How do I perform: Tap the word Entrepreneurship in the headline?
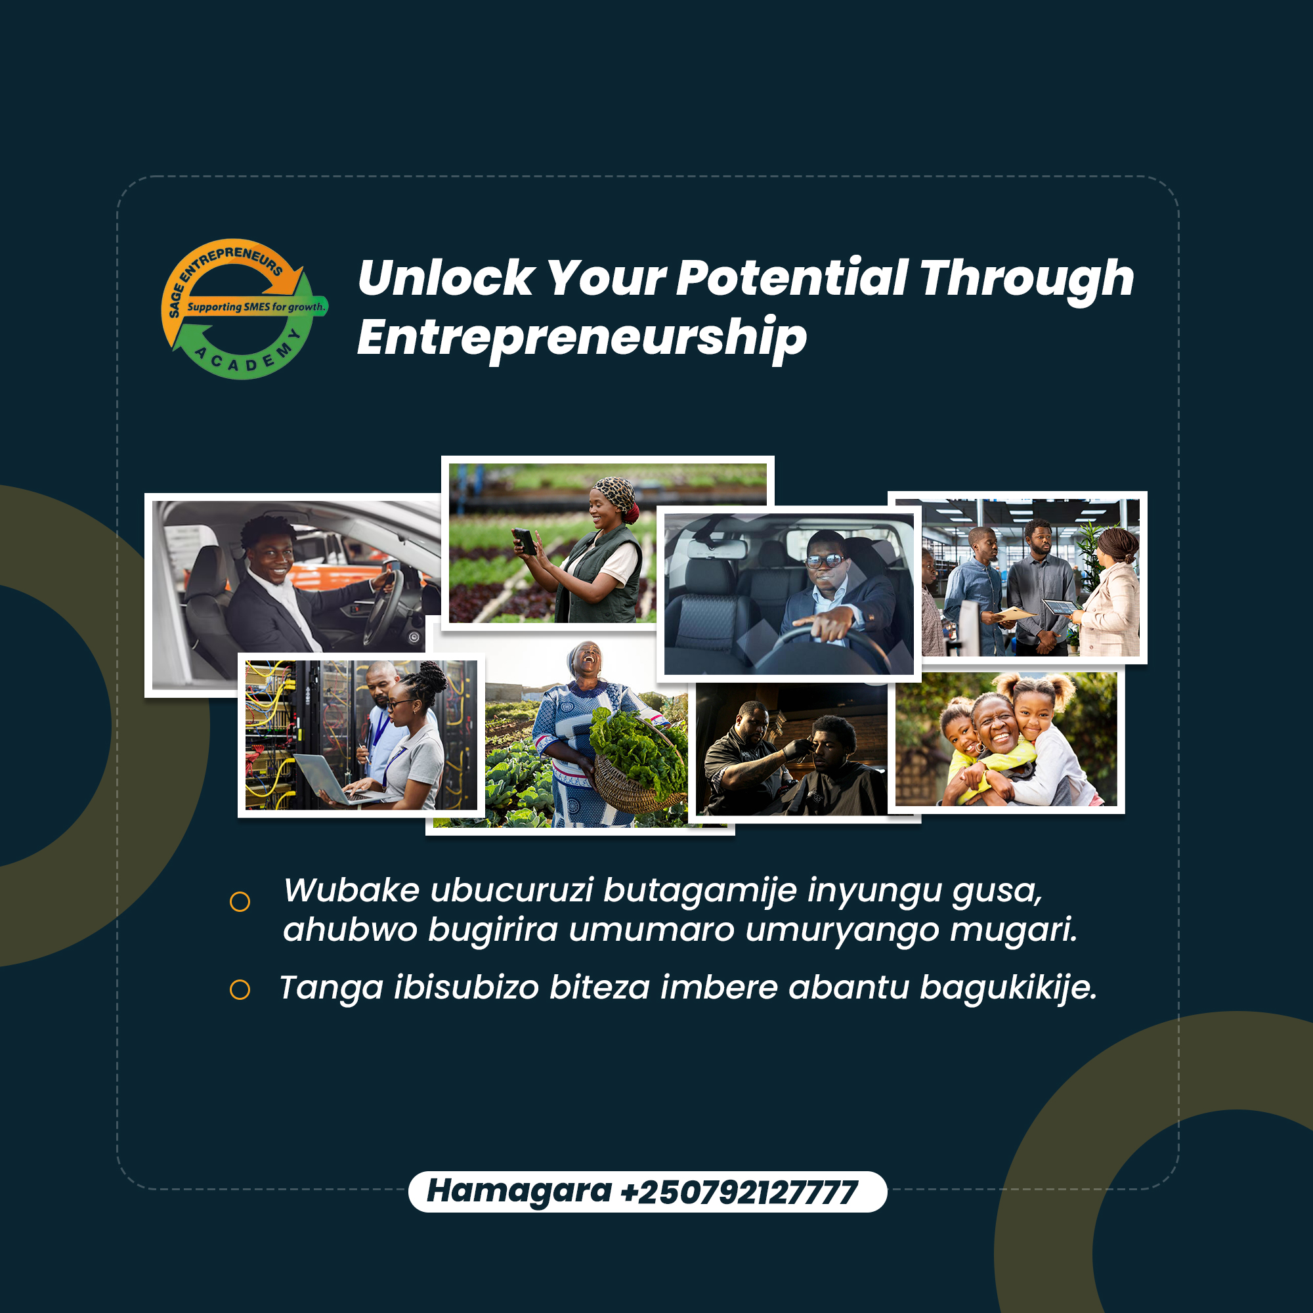point(582,337)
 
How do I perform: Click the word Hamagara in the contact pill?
point(519,1192)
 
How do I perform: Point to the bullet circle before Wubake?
point(240,902)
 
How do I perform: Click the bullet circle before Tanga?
point(240,989)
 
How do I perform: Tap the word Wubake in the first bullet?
point(351,890)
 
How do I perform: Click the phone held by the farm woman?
point(525,542)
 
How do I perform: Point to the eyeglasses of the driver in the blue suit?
point(825,561)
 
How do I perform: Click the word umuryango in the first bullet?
point(842,930)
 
